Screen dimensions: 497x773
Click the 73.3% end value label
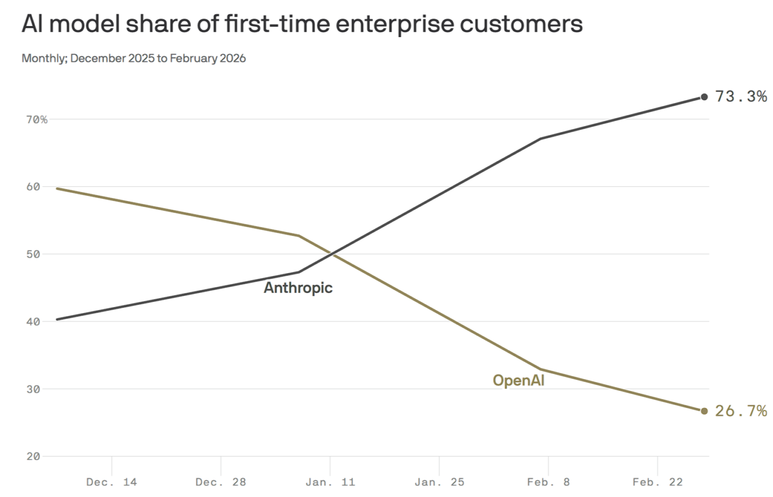pos(740,96)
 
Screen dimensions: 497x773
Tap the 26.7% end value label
pos(740,411)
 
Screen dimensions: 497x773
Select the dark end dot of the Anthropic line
pos(704,96)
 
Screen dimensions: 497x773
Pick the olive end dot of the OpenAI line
pos(704,411)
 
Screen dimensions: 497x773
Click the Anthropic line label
pos(298,288)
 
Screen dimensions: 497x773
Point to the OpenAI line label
pos(519,380)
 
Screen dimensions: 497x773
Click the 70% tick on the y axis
pos(36,120)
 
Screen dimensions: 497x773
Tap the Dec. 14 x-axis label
pos(112,482)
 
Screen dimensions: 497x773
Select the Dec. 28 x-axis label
pos(221,482)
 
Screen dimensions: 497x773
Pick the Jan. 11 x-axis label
pos(330,482)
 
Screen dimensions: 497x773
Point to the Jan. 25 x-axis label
pos(439,482)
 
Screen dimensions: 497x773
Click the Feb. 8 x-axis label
pos(548,482)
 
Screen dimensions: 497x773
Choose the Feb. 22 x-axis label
pos(658,482)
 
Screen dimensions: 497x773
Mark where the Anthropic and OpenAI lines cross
pos(332,255)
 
